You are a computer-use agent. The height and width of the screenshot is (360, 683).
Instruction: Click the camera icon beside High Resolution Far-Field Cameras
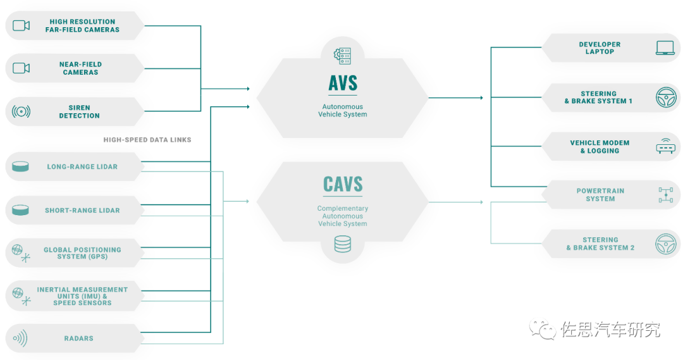(x=21, y=26)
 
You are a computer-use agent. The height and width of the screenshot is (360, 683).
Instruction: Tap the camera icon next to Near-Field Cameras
(x=21, y=68)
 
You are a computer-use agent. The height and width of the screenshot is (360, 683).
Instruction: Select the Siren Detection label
(x=79, y=111)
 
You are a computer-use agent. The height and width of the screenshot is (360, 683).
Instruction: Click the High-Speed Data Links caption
(x=147, y=140)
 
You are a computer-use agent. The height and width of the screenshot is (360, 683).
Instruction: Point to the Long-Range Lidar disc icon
(x=20, y=166)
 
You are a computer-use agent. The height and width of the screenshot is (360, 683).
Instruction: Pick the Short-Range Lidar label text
(x=82, y=210)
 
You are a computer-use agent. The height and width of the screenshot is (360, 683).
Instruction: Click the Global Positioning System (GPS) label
(x=82, y=253)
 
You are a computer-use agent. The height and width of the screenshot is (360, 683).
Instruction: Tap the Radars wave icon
(x=20, y=338)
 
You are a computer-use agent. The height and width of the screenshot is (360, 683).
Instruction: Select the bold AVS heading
(x=343, y=84)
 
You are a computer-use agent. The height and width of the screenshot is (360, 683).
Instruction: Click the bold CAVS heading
(x=343, y=184)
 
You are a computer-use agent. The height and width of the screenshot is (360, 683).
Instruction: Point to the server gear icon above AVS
(x=342, y=56)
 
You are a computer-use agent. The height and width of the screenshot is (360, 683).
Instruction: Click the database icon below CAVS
(x=342, y=244)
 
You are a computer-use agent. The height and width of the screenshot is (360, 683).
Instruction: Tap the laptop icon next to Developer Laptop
(x=665, y=48)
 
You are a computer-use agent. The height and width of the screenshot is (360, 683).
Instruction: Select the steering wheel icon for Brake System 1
(x=666, y=97)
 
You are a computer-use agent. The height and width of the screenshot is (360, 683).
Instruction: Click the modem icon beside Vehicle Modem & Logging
(x=665, y=146)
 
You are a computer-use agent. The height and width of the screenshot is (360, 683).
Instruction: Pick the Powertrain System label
(x=600, y=195)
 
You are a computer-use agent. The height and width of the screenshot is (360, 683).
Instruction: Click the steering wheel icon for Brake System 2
(x=666, y=244)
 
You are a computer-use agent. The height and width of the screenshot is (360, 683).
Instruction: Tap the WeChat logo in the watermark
(x=543, y=330)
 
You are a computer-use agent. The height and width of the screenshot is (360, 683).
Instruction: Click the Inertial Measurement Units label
(x=82, y=296)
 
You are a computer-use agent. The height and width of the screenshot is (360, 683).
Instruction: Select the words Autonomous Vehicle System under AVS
(x=343, y=110)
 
